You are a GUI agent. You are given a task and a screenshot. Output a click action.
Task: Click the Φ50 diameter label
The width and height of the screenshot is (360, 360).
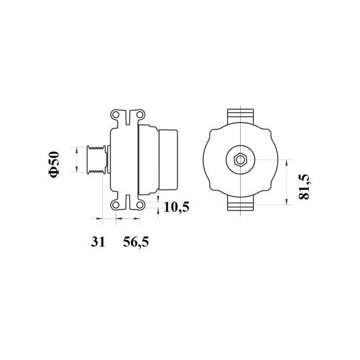point(54,164)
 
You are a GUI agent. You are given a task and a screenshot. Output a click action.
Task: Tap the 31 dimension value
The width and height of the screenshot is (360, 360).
point(98,242)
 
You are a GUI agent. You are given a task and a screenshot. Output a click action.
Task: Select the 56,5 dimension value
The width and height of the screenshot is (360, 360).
point(136,242)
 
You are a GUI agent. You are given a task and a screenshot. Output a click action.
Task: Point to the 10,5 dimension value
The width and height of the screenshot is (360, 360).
point(176,207)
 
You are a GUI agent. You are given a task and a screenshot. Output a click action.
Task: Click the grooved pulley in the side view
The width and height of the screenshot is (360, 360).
point(97,160)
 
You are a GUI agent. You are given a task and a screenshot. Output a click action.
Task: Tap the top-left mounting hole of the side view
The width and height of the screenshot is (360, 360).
point(116,115)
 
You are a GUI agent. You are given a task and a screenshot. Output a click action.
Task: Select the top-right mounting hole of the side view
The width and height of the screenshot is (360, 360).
point(139,114)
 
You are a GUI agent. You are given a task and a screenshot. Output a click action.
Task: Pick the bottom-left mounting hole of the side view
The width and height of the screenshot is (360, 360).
point(116,205)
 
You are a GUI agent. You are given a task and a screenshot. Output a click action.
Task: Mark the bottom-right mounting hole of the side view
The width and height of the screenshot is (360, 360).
point(139,205)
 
